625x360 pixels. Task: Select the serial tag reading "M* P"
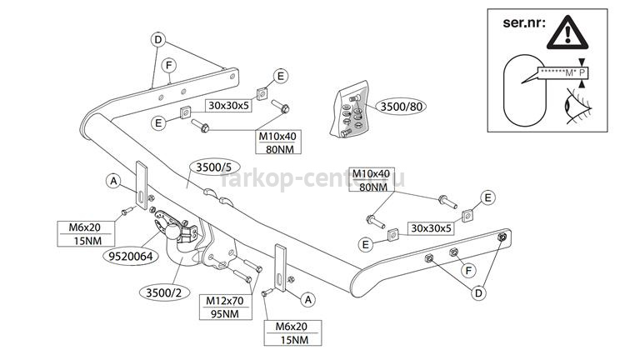coord(562,73)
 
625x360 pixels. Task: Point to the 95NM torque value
coord(222,313)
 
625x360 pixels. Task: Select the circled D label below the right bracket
coord(478,292)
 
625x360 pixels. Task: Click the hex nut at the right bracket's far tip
coord(502,239)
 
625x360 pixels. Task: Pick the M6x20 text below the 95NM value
coord(286,327)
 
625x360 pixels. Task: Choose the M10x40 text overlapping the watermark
coord(371,173)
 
